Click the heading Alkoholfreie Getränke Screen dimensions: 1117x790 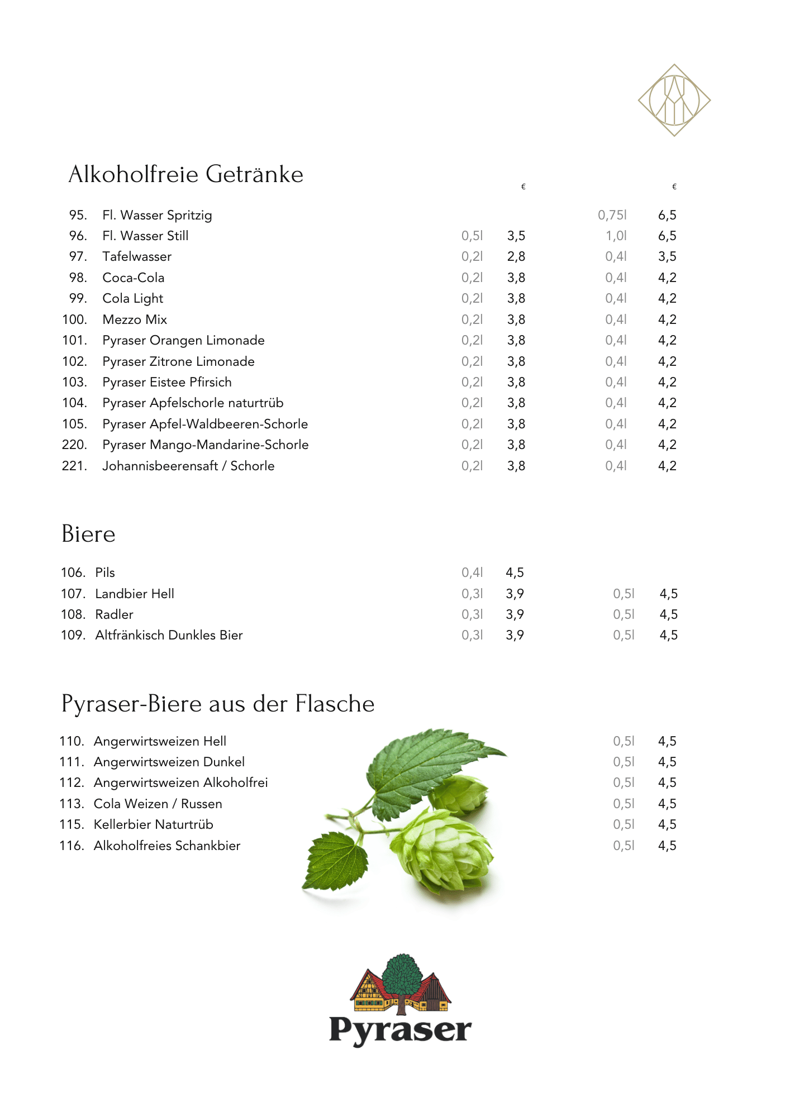click(x=185, y=174)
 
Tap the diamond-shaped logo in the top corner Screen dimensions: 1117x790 click(x=674, y=101)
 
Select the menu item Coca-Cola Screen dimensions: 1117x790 click(x=134, y=278)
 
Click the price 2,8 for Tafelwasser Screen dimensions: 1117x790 click(x=516, y=257)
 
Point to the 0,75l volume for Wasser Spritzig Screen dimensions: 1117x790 click(x=612, y=215)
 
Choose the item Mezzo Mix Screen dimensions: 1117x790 click(x=135, y=319)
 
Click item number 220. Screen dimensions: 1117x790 click(x=74, y=445)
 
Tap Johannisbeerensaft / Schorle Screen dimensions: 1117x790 click(x=188, y=466)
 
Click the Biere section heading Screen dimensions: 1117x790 click(x=88, y=534)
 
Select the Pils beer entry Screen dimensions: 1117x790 click(x=105, y=572)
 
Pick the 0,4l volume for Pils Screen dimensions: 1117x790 click(x=472, y=572)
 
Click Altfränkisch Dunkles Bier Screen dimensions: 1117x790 click(x=169, y=635)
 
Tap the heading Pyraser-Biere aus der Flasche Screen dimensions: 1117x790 click(x=218, y=704)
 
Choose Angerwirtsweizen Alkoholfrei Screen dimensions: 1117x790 click(x=180, y=782)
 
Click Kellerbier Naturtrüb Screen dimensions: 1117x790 click(x=153, y=824)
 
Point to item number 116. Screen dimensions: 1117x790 click(x=72, y=846)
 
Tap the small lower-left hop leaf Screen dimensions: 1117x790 click(x=335, y=860)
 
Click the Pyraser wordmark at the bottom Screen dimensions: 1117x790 click(x=400, y=1030)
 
